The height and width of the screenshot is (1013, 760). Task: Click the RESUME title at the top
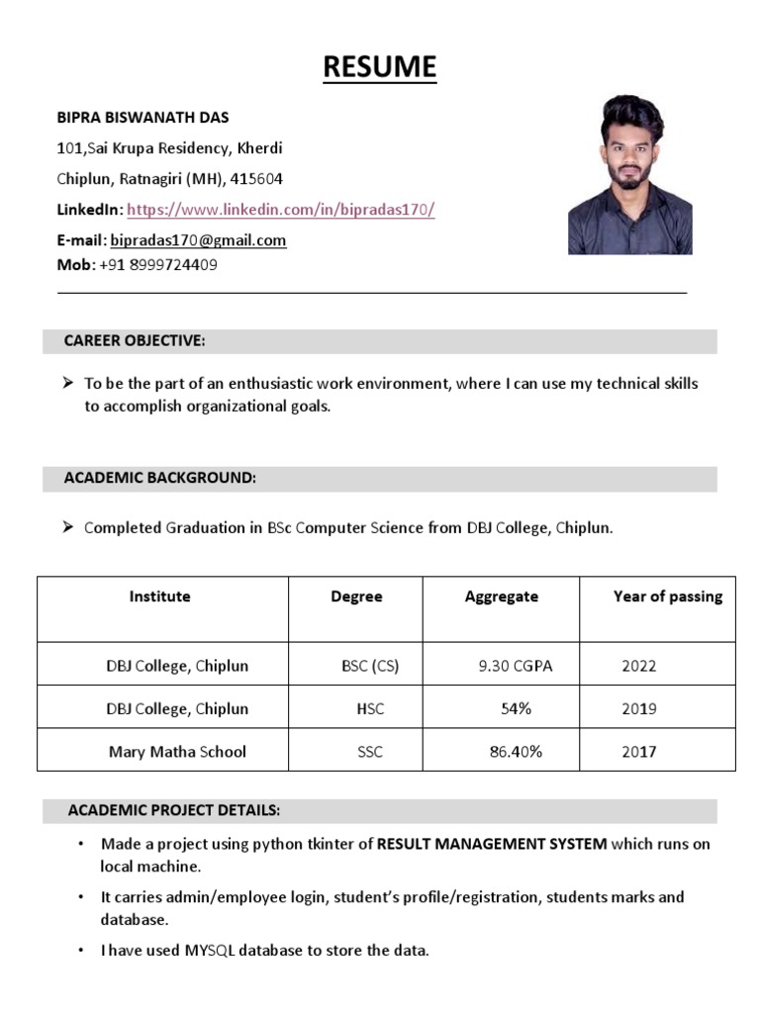click(380, 66)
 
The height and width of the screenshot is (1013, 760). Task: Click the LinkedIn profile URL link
click(281, 210)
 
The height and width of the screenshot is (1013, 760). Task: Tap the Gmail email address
click(198, 240)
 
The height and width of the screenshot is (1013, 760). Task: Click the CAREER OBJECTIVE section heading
click(135, 341)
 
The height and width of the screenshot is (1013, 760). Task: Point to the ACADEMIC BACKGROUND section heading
click(160, 478)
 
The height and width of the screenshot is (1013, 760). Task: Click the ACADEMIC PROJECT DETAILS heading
click(174, 811)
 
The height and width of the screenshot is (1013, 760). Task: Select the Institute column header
click(160, 597)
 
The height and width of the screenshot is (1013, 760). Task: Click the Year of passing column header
click(668, 597)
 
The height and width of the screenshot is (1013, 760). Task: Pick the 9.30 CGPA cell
click(515, 666)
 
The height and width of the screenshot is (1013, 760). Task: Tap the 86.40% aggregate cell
click(516, 752)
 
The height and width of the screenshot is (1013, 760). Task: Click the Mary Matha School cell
click(177, 752)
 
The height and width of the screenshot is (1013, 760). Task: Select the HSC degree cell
click(370, 709)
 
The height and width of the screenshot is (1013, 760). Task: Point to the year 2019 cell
click(638, 709)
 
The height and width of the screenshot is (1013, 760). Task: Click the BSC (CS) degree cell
click(370, 666)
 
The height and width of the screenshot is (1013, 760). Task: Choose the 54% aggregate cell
click(516, 709)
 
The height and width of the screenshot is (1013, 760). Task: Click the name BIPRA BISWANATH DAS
click(142, 118)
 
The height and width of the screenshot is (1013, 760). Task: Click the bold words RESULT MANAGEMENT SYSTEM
click(492, 845)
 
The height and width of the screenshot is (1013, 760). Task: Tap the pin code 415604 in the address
click(256, 179)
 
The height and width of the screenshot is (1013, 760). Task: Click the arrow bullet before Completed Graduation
click(68, 527)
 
